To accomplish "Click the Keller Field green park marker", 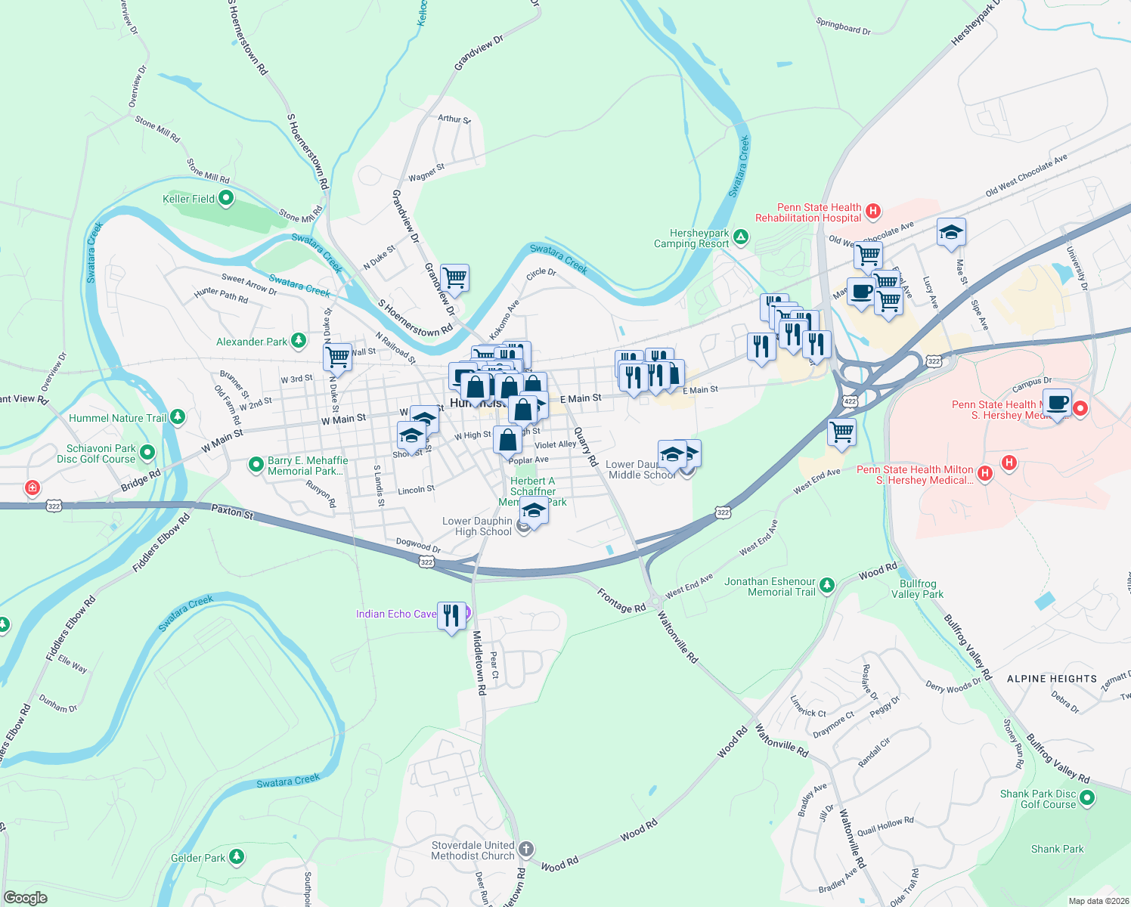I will (x=226, y=199).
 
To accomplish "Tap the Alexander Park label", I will (x=251, y=342).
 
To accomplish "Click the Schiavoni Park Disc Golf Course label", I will (x=96, y=453).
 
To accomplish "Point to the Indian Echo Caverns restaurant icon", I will (x=451, y=615).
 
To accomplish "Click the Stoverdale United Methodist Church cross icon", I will (x=526, y=849).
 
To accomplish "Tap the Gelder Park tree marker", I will (x=237, y=856).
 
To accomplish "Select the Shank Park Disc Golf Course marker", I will (x=1087, y=797).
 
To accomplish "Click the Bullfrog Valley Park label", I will (x=917, y=589).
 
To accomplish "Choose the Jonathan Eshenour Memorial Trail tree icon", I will (x=827, y=584).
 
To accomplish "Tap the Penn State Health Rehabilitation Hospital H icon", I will (x=873, y=211).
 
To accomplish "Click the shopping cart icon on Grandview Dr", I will (x=455, y=277).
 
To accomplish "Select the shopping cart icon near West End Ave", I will (x=841, y=432).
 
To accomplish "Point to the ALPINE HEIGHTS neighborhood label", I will (x=1052, y=679).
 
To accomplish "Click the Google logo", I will (x=25, y=898).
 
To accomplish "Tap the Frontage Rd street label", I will (x=621, y=601).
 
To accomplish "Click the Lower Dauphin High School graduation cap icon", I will (x=534, y=512).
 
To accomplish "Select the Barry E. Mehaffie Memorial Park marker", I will (x=256, y=466).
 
